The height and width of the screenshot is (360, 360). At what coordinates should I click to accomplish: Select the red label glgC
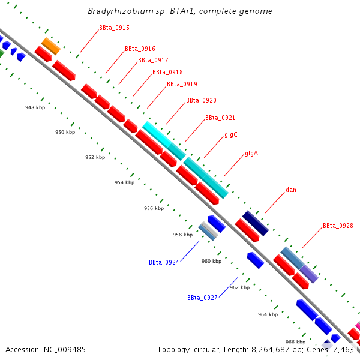pos(232,135)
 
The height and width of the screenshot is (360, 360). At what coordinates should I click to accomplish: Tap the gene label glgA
pos(251,154)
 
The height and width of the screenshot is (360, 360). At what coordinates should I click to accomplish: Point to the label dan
pos(291,190)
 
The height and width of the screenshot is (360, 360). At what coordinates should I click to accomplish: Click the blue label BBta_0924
pos(164,262)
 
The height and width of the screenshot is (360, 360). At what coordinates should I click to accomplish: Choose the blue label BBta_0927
pos(202,298)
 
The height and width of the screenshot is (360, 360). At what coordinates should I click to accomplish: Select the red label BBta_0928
pos(338,226)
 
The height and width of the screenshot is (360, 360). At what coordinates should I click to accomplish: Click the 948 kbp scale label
pos(35,107)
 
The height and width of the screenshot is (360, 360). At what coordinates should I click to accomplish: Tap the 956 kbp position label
pos(154,208)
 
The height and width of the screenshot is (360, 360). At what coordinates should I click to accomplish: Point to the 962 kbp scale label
pos(239,287)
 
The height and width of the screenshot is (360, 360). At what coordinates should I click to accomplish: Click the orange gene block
pos(50,46)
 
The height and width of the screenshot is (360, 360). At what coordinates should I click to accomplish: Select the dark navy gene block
pos(255,223)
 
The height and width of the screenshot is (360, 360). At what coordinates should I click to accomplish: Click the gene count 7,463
pos(343,349)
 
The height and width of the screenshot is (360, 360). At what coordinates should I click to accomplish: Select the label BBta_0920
pos(201,101)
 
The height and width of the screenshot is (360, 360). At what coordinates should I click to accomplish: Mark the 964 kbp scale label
pos(268,314)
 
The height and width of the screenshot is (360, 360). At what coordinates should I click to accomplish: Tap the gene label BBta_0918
pos(167,72)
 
